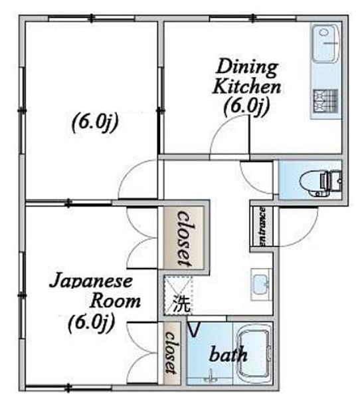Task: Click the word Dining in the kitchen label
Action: [x=246, y=68]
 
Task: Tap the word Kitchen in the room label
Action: [x=246, y=86]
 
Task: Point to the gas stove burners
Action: [x=325, y=101]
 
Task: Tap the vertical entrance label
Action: [x=262, y=226]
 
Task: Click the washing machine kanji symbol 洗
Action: [x=181, y=303]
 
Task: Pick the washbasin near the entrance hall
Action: [x=261, y=285]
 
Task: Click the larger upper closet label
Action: [x=184, y=238]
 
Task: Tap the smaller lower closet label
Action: [x=171, y=352]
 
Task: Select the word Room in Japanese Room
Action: [x=115, y=301]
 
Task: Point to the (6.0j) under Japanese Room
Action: [x=91, y=323]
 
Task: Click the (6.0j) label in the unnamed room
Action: [x=95, y=123]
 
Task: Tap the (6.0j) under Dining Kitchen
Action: [x=246, y=106]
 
